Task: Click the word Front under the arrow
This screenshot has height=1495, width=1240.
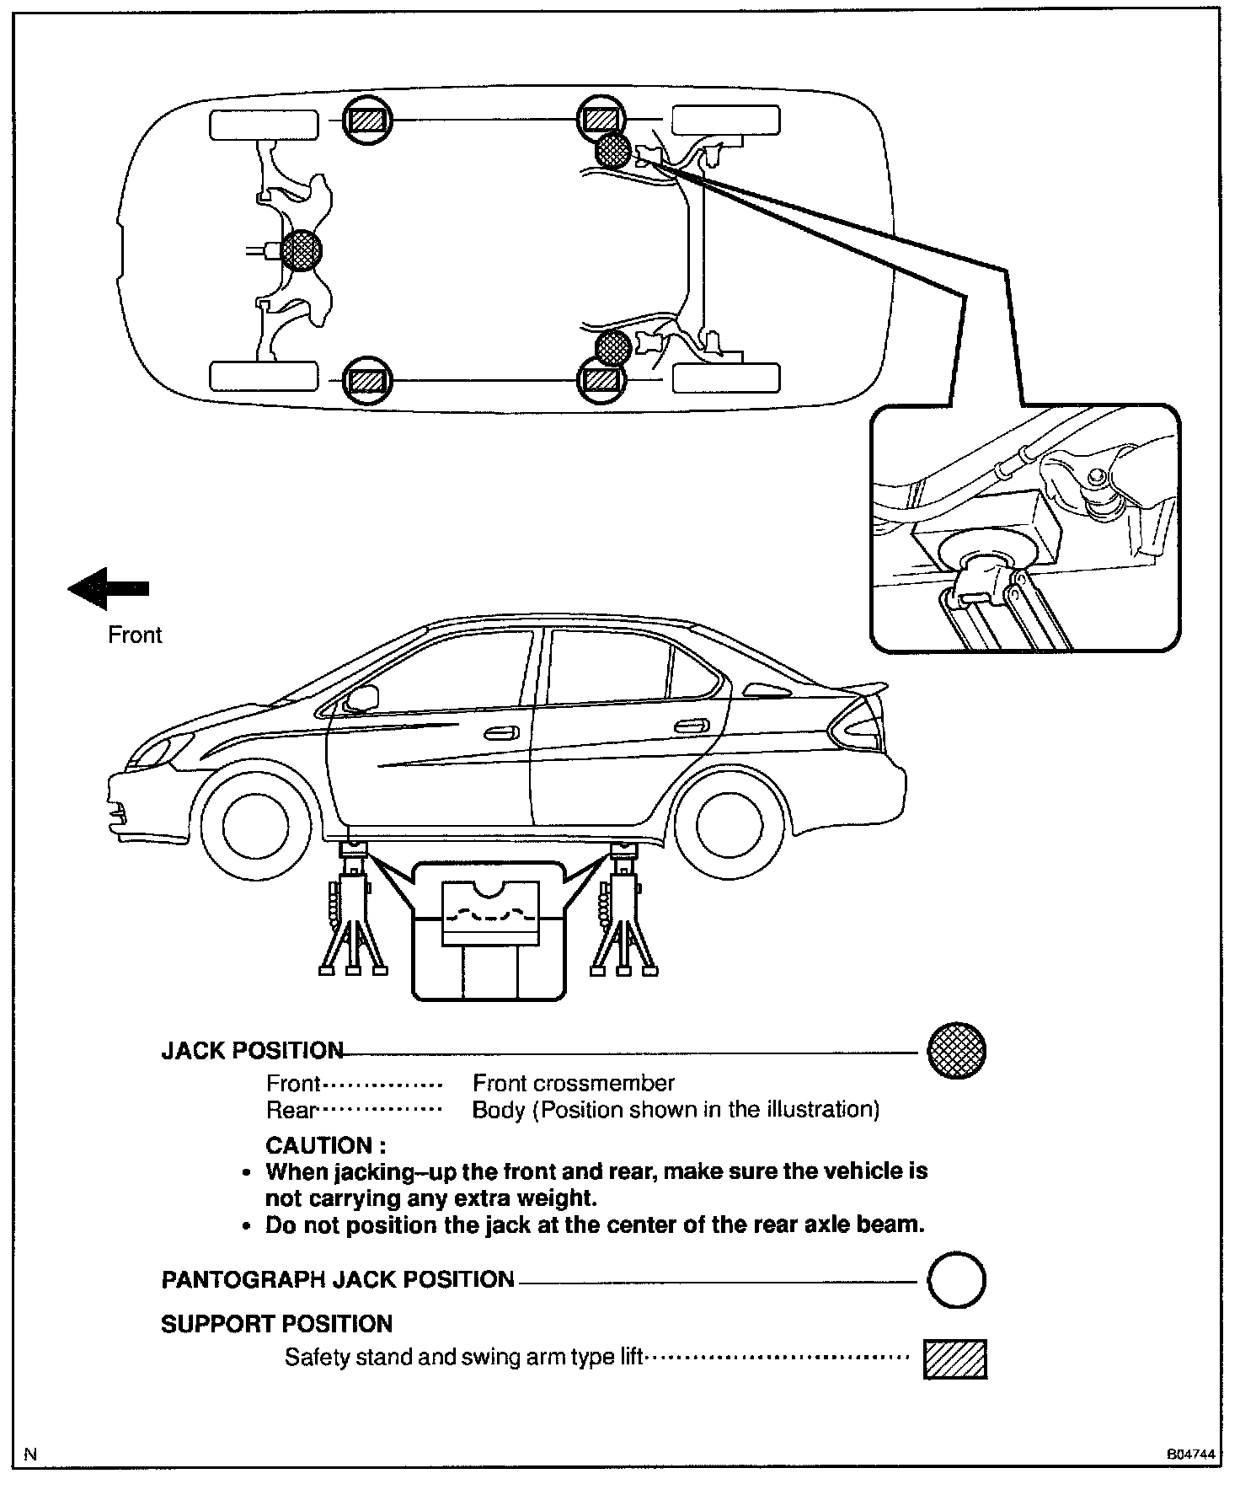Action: (135, 635)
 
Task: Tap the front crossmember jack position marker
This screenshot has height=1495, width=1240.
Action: (301, 250)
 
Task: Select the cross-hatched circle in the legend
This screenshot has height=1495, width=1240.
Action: (956, 1051)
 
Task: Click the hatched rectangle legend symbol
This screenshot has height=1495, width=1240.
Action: (955, 1358)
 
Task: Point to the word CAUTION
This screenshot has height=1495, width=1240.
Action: (325, 1145)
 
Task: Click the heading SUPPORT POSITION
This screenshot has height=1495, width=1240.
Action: (276, 1324)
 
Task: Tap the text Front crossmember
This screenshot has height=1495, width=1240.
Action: (574, 1083)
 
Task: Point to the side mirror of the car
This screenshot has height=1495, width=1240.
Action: (363, 699)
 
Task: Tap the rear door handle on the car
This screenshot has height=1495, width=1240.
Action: (691, 725)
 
